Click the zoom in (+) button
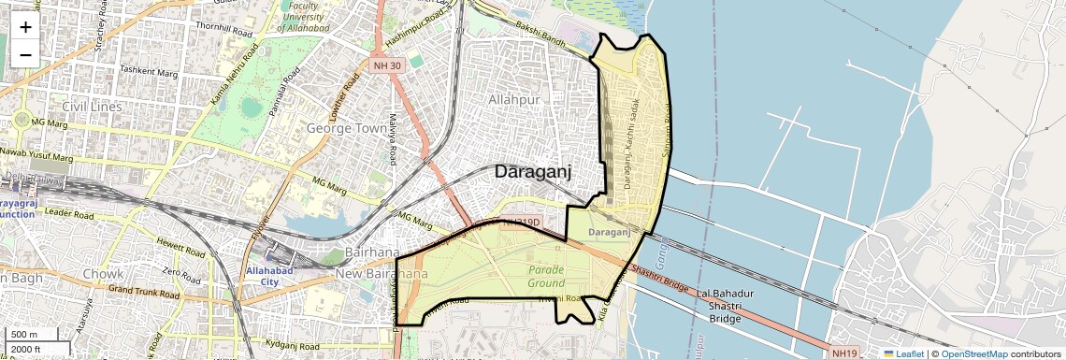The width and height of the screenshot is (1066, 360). (25, 27)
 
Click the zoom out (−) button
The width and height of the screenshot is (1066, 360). (25, 54)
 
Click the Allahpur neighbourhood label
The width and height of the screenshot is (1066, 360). (515, 98)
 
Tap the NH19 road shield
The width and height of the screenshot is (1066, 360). (843, 353)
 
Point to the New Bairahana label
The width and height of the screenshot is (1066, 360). (382, 274)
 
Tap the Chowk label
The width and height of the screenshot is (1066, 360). (103, 274)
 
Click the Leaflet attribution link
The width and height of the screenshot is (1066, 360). (903, 353)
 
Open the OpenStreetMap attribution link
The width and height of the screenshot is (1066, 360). (974, 353)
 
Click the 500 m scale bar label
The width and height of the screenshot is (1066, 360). (23, 335)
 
